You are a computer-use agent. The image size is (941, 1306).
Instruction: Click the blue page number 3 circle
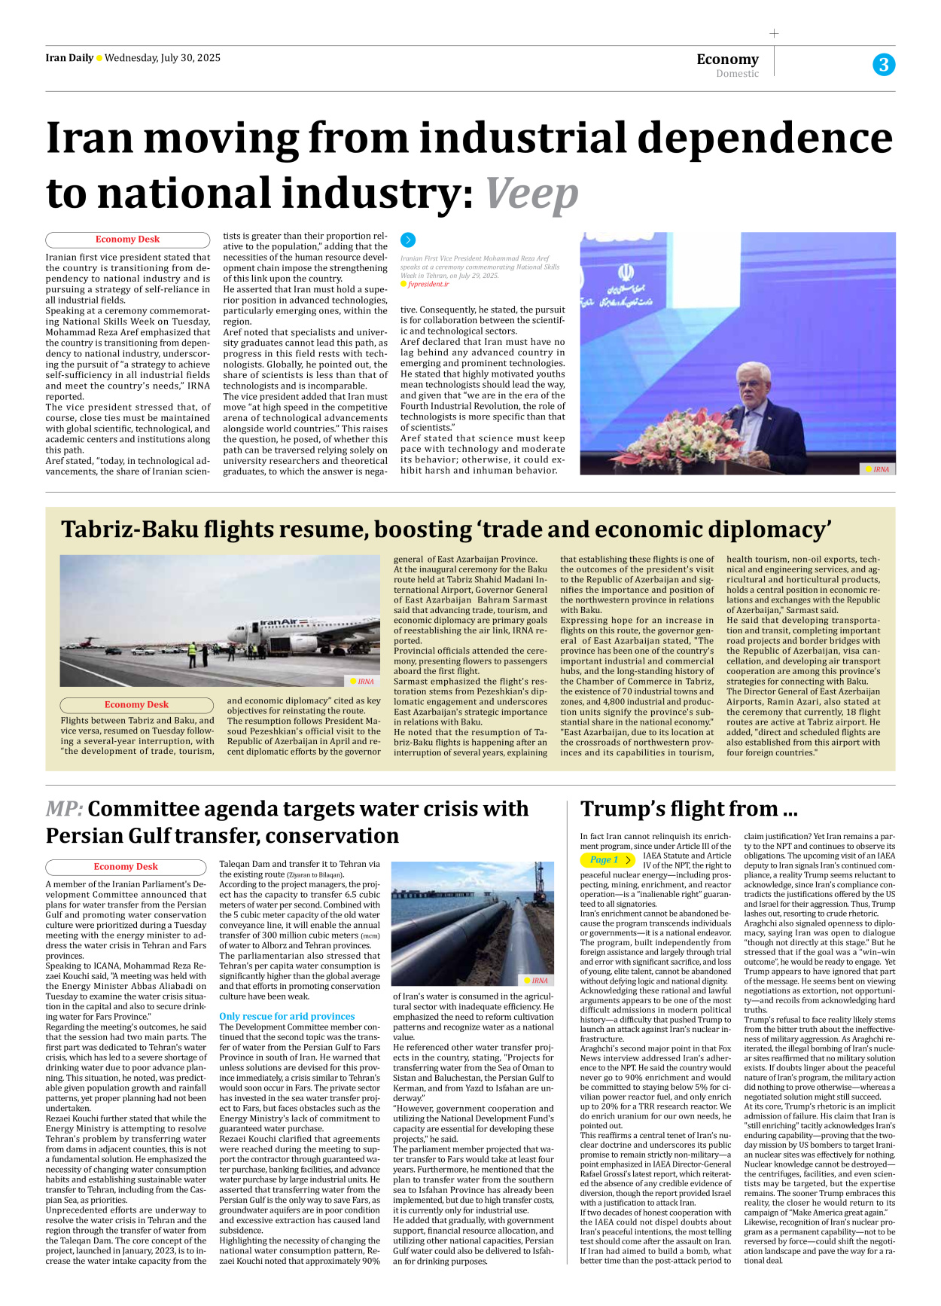[x=884, y=65]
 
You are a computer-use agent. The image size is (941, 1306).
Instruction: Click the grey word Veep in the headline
[x=531, y=194]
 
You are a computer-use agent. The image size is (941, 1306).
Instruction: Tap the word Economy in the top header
[x=727, y=59]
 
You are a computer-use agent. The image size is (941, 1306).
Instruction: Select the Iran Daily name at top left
[x=69, y=58]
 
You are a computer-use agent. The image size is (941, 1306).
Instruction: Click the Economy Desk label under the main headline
[x=127, y=240]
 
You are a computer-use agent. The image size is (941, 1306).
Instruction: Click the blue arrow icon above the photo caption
[x=408, y=240]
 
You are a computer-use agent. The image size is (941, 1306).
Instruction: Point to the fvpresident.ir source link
[x=428, y=284]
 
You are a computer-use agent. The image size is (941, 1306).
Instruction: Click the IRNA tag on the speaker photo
[x=878, y=469]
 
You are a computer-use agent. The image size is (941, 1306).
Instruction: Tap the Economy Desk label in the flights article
[x=136, y=705]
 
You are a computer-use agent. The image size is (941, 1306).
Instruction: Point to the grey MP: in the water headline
[x=64, y=809]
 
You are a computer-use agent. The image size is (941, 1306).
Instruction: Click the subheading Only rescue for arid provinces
[x=287, y=1016]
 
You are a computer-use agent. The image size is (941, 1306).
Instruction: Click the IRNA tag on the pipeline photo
[x=537, y=981]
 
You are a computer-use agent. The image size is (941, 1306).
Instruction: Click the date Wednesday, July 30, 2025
[x=163, y=58]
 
